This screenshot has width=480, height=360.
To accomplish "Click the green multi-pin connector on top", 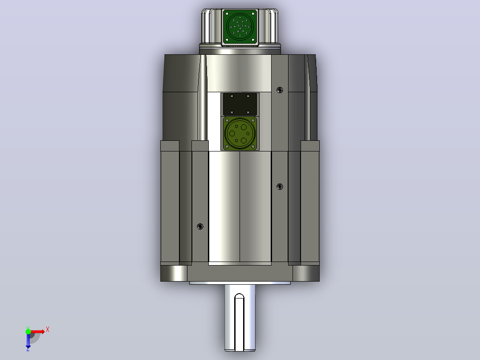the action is point(240,27).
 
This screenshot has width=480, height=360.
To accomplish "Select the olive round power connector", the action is point(240,133).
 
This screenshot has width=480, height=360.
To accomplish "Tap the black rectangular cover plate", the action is point(240,104).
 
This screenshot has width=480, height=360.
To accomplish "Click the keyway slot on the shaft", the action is point(239,322).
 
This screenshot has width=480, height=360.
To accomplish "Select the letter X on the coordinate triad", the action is point(48,330).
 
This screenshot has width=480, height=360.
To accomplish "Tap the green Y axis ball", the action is point(28,331).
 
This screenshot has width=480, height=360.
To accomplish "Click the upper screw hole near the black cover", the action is point(280,90).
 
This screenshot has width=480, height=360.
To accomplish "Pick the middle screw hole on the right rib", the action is point(280,187).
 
